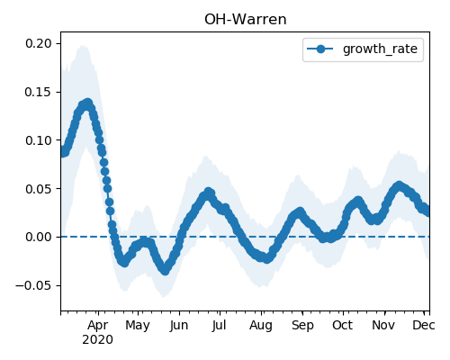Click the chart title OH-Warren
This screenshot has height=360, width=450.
point(246,20)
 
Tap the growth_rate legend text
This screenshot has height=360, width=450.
point(380,49)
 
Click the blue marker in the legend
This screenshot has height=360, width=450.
point(320,49)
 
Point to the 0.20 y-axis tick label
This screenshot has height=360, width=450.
point(39,43)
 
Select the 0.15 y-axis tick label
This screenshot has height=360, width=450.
point(39,92)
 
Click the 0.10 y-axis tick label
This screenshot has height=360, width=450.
point(39,140)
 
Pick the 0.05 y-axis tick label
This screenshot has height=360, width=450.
point(39,189)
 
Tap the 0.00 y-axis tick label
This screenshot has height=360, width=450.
point(39,238)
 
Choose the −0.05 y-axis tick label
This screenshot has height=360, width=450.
point(34,285)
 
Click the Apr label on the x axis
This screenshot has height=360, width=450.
point(98,326)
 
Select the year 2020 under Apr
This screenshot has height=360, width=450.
point(98,340)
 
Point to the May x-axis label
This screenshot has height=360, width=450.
point(138,326)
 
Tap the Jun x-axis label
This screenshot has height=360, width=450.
point(179,326)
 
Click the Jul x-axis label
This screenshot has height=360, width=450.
point(219,326)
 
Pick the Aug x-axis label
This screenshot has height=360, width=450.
point(261,326)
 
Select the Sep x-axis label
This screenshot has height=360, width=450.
point(302,326)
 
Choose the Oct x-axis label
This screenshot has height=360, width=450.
point(343,326)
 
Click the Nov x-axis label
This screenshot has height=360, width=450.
point(383,326)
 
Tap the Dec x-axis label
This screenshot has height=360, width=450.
point(424,326)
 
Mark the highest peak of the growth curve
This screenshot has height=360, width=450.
point(87,103)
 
